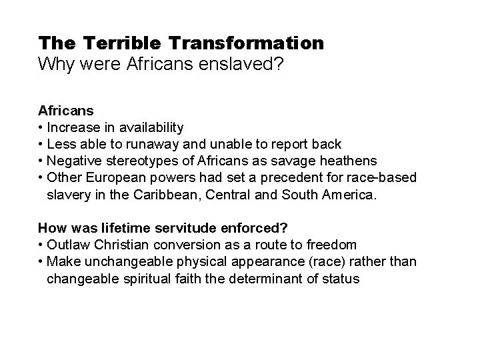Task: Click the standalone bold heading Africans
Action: coord(65,111)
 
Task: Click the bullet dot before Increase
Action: coord(41,127)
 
